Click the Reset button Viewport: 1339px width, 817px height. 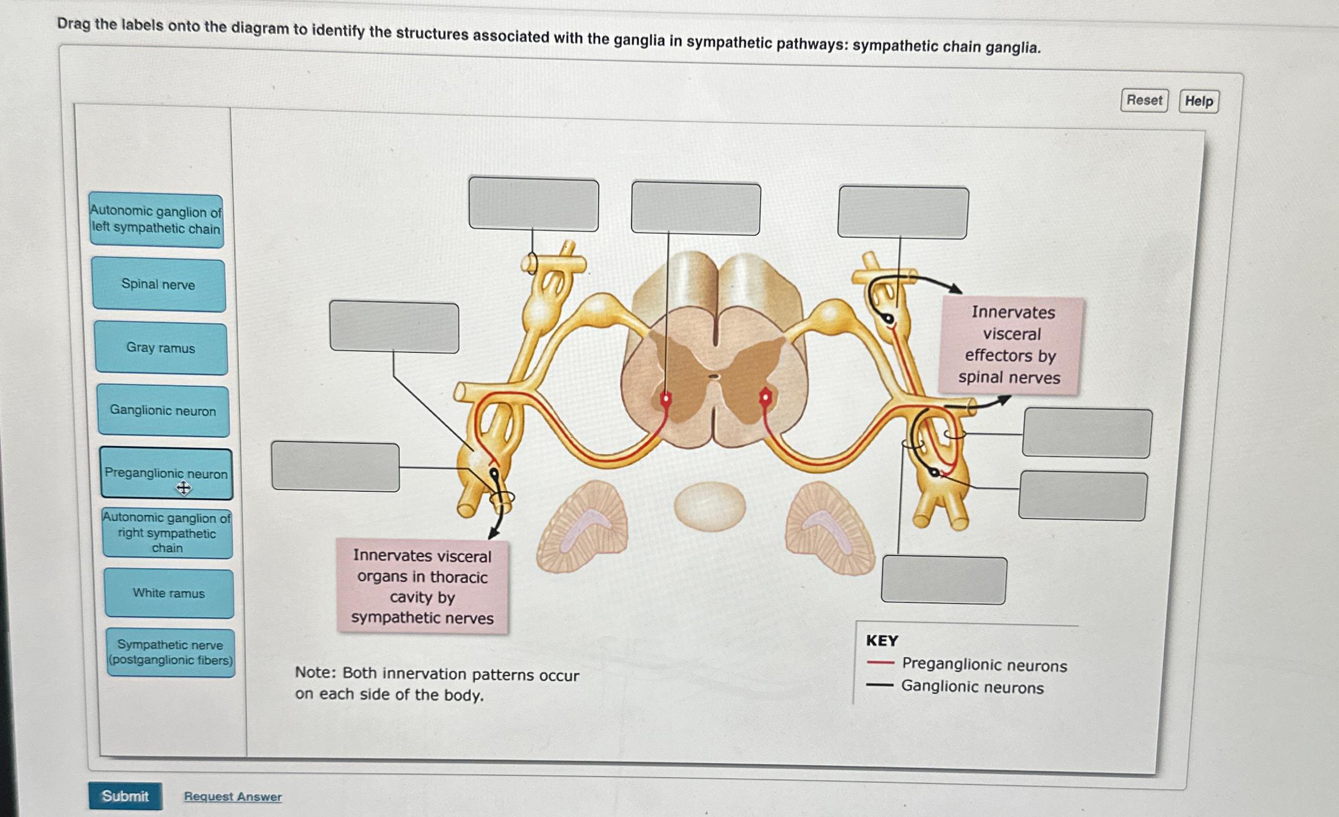(x=1144, y=101)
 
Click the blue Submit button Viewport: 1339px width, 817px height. (x=125, y=796)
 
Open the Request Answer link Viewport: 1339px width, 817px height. (x=233, y=797)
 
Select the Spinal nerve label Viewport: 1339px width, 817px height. (x=158, y=285)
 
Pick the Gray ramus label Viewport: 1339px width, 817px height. (x=161, y=348)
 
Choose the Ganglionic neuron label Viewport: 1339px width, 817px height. (x=163, y=411)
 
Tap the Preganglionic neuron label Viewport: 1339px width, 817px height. (x=166, y=473)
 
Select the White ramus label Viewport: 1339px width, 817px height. (x=169, y=593)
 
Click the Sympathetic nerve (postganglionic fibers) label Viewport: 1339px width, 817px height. (x=171, y=652)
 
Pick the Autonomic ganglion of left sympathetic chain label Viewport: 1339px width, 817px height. (x=156, y=220)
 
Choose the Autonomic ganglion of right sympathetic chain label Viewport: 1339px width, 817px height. (x=167, y=533)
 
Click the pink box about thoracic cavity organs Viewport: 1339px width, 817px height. (x=422, y=587)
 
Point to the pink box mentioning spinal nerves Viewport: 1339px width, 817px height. (x=1011, y=345)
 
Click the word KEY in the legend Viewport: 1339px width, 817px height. (x=881, y=641)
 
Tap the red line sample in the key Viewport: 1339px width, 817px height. (x=880, y=663)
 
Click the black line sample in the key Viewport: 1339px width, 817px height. (x=879, y=685)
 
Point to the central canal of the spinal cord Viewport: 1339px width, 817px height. (x=715, y=377)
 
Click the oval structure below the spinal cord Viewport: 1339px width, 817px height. (x=710, y=506)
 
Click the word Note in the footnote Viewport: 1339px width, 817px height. (x=315, y=672)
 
